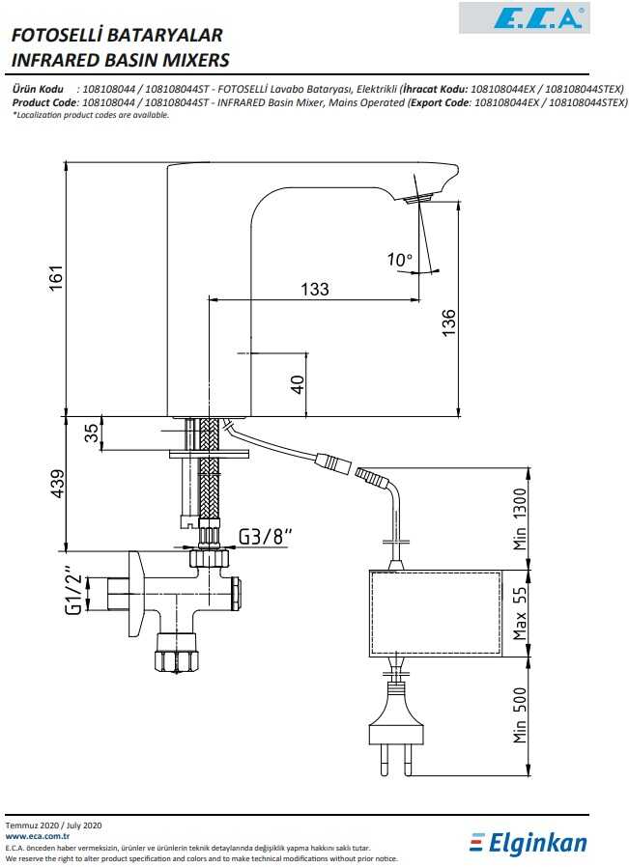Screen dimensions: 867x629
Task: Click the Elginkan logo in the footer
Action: click(x=529, y=844)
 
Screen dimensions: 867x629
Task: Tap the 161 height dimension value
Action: click(x=57, y=278)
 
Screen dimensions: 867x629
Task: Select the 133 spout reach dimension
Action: click(x=315, y=288)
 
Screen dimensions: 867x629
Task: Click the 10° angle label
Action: click(x=399, y=259)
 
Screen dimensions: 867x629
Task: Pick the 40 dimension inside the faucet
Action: click(x=299, y=383)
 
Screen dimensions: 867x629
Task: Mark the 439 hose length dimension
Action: click(x=57, y=483)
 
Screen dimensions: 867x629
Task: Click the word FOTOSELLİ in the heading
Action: click(x=55, y=36)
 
